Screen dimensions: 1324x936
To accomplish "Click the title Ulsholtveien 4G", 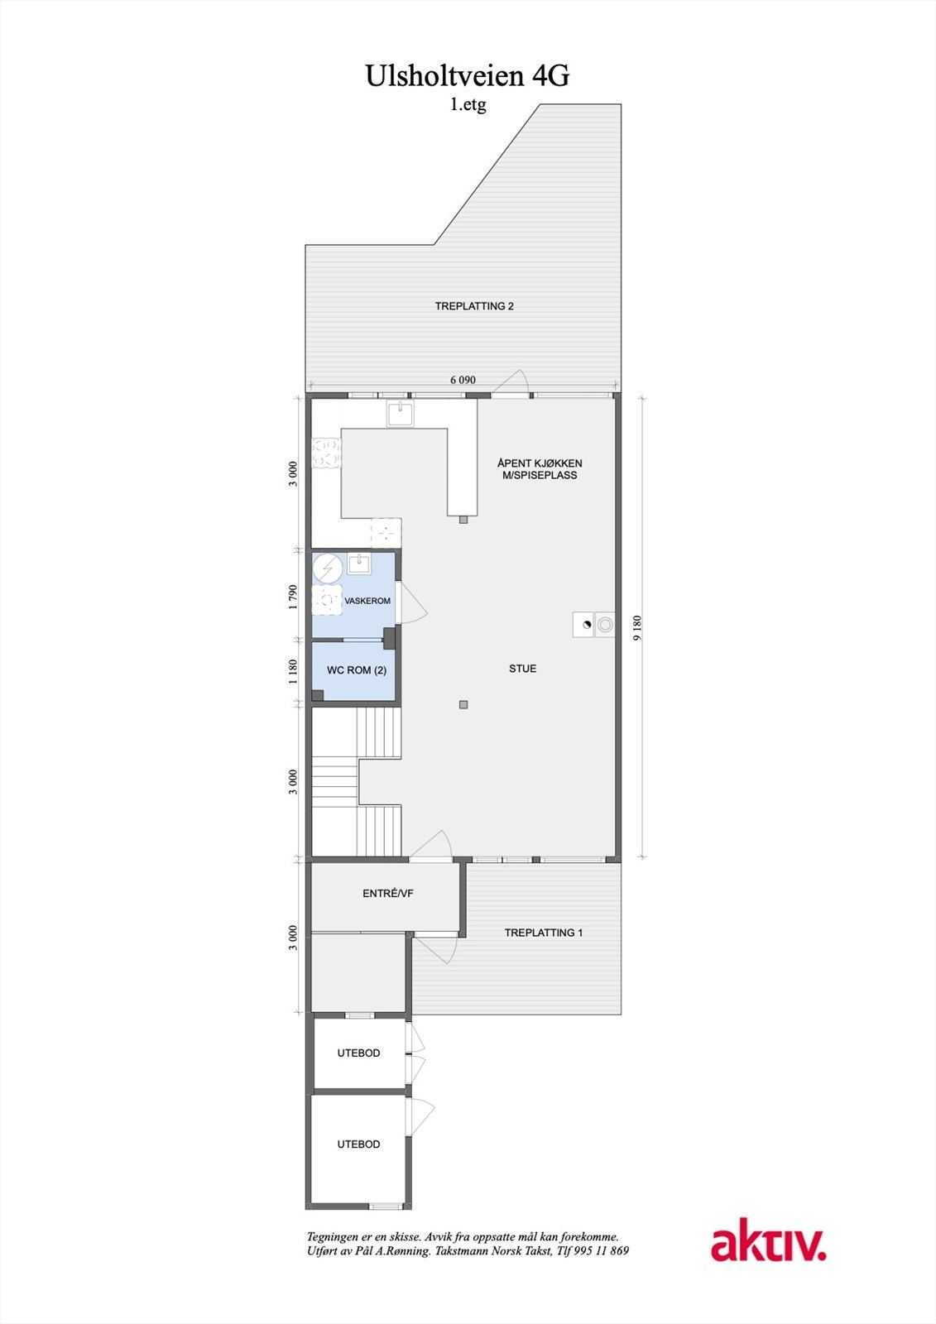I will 468,76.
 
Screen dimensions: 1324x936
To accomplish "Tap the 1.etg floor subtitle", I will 468,105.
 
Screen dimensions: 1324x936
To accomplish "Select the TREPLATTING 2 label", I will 474,306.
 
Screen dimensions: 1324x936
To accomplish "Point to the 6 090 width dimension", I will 463,380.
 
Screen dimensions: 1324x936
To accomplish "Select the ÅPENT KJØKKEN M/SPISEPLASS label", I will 539,469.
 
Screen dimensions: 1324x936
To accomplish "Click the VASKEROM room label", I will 367,601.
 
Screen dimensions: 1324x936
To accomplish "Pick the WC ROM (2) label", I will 356,670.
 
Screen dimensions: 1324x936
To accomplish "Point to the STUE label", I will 522,669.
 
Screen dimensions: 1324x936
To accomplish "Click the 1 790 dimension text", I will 293,597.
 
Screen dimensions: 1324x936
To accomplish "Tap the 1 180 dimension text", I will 293,671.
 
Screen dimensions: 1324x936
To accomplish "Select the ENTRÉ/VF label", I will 387,894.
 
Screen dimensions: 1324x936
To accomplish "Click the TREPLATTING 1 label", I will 544,933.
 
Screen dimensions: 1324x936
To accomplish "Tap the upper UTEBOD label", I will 358,1053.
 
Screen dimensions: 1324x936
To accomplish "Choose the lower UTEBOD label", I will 358,1144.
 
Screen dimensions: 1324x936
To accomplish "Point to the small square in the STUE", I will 463,705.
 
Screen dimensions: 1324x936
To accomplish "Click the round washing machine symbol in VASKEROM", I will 328,568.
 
